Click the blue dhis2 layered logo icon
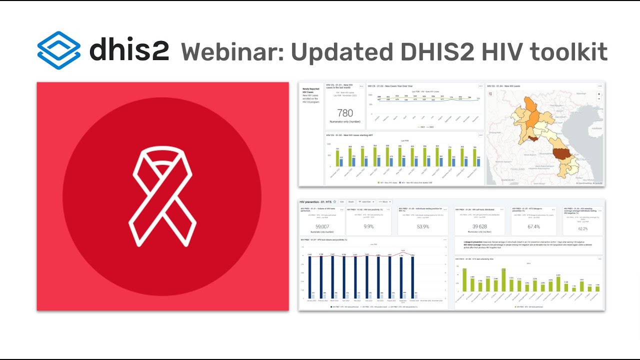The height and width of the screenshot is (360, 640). (58, 50)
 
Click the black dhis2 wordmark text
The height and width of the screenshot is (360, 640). (129, 51)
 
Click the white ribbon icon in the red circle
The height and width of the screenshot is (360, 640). (162, 196)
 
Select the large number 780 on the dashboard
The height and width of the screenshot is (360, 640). (345, 113)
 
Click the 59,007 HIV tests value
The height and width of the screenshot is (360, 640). (321, 226)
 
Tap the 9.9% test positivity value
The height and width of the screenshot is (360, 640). (368, 226)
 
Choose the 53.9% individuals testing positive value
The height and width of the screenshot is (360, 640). (423, 226)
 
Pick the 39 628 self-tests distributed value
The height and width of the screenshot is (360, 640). (479, 226)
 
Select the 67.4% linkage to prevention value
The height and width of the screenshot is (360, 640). (533, 226)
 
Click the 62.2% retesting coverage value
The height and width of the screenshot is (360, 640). (582, 228)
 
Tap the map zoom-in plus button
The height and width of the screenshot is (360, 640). (599, 93)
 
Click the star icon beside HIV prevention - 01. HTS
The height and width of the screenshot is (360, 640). (334, 201)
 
